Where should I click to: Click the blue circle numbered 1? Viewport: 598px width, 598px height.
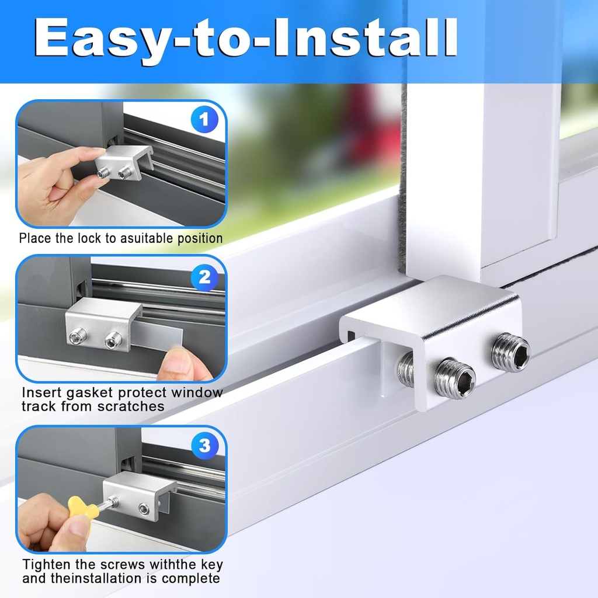[203, 121]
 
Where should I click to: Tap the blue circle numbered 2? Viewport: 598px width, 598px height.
[204, 277]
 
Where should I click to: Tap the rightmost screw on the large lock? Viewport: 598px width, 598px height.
[510, 352]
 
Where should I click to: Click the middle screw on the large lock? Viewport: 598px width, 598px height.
[456, 377]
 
